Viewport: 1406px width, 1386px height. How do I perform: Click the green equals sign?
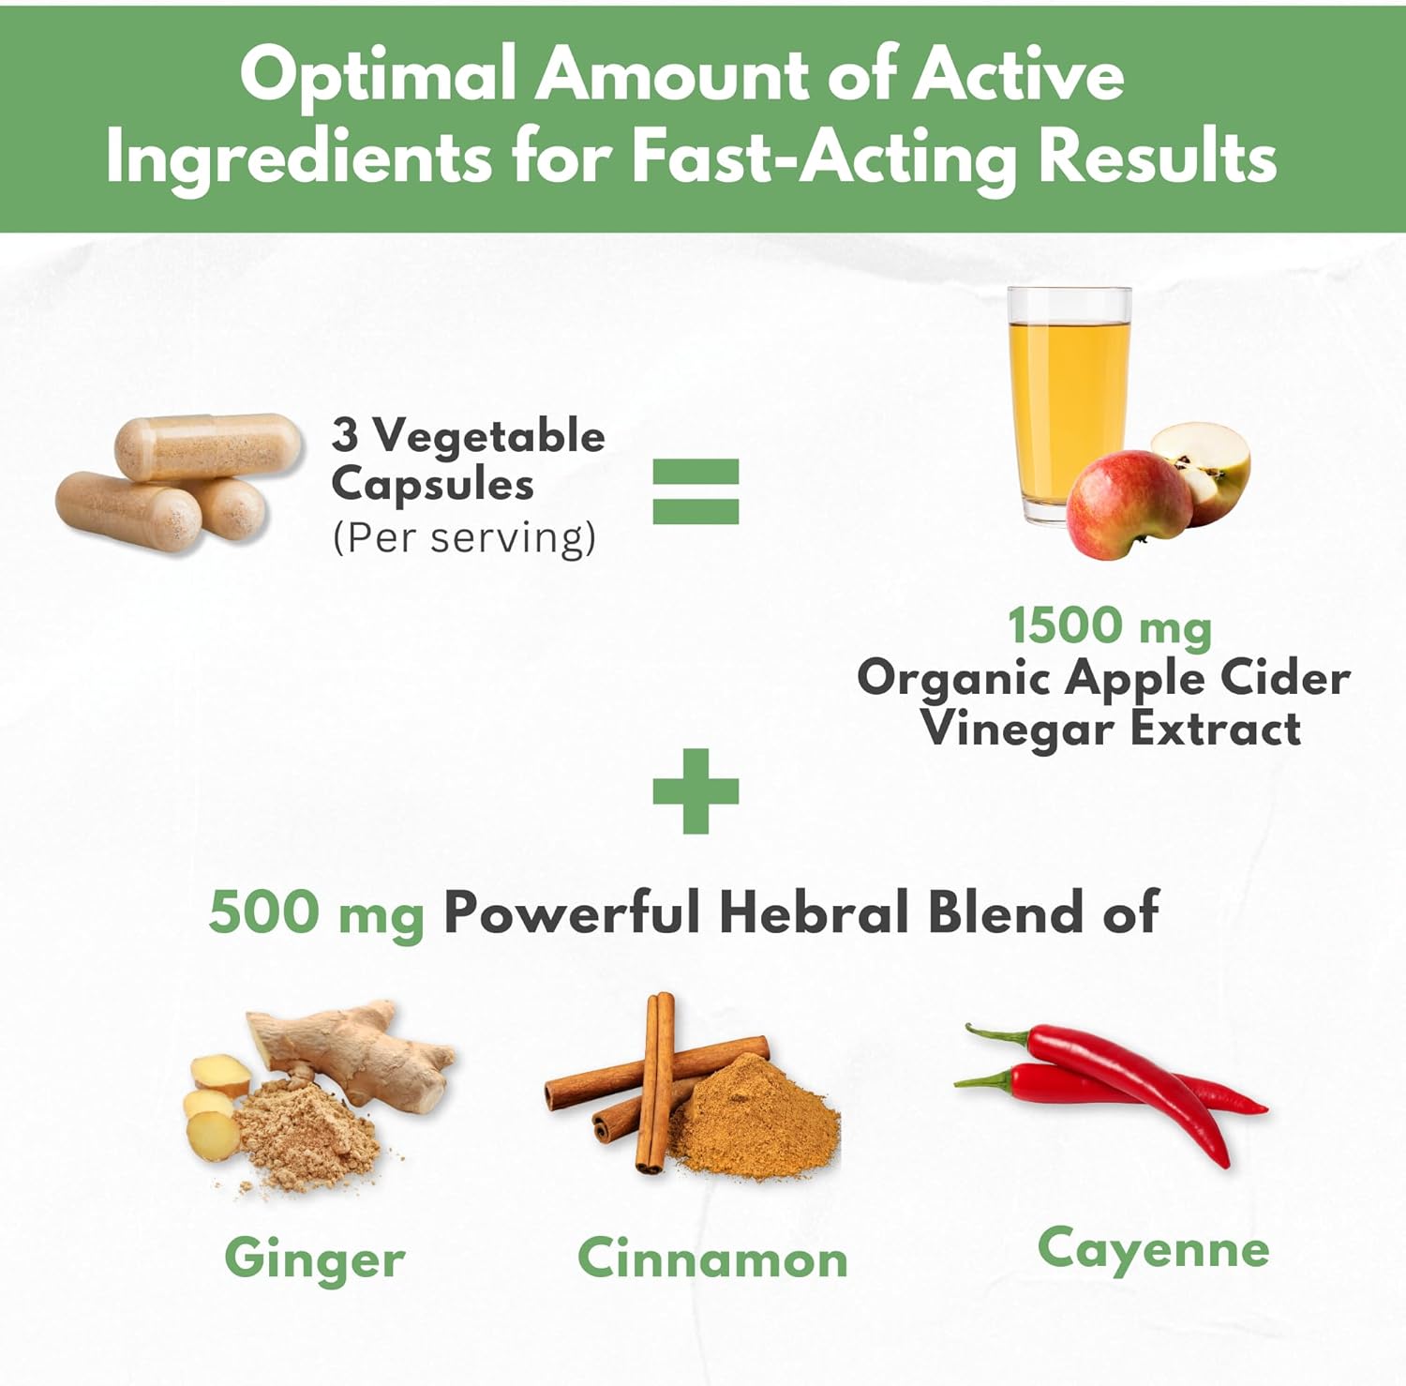(x=696, y=490)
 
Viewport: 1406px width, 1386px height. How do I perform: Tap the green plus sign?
(x=696, y=791)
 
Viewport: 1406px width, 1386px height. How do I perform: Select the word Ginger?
(x=315, y=1259)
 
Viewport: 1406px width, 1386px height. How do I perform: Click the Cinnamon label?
(x=712, y=1258)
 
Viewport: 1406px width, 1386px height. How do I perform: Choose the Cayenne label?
(x=1154, y=1250)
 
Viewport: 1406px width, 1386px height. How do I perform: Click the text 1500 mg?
(x=1110, y=626)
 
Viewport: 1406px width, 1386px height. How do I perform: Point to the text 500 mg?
(x=317, y=912)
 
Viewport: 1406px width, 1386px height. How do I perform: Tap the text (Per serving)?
(x=464, y=538)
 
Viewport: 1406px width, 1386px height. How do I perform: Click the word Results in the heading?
(x=1158, y=156)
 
